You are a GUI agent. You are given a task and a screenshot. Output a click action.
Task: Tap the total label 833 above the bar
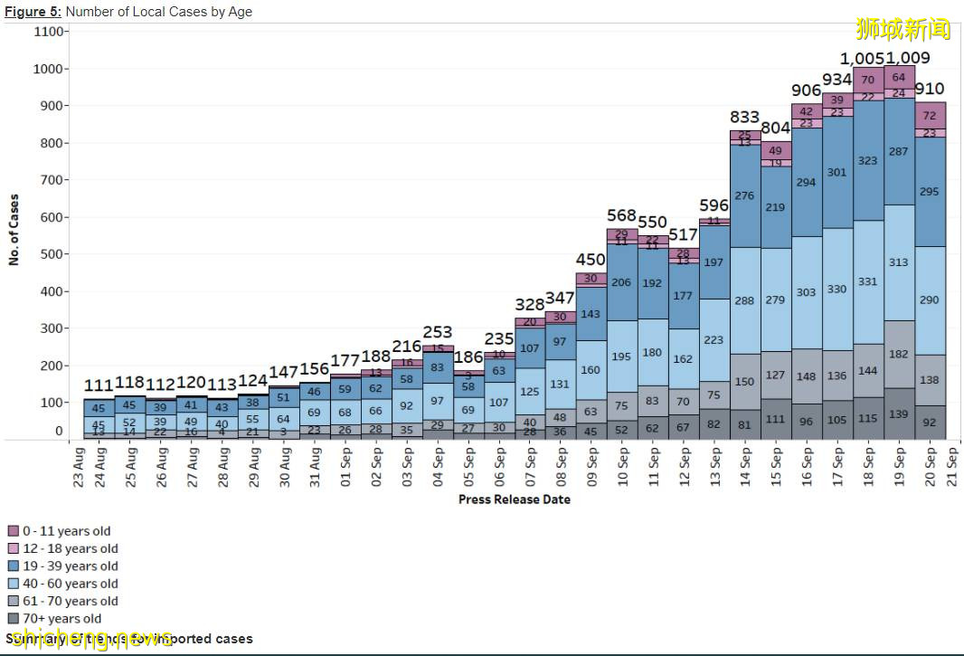[x=745, y=118]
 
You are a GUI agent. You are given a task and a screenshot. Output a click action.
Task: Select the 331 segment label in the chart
[x=868, y=281]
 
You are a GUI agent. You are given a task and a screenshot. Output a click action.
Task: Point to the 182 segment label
[x=899, y=354]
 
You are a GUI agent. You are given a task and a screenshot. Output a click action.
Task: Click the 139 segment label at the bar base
[x=899, y=414]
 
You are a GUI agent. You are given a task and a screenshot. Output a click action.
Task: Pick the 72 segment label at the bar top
[x=929, y=116]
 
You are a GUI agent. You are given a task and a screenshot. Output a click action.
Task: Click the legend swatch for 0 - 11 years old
[x=14, y=531]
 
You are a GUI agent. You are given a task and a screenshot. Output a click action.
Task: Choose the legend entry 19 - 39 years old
[x=71, y=566]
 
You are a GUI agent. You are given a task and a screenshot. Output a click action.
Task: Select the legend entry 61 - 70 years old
[x=71, y=601]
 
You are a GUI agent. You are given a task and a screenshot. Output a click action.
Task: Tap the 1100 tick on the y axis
[x=50, y=32]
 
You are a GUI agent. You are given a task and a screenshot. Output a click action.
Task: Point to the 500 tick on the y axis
[x=52, y=254]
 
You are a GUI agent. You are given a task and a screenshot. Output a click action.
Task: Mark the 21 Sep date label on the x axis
[x=952, y=468]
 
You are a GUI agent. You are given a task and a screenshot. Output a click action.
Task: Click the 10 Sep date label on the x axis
[x=622, y=468]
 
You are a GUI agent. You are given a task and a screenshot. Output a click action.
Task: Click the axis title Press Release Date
[x=514, y=499]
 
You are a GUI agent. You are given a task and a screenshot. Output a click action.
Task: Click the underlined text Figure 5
[x=33, y=12]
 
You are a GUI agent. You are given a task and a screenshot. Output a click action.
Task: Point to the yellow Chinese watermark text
[x=903, y=29]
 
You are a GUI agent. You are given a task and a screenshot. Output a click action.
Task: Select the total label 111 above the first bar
[x=100, y=386]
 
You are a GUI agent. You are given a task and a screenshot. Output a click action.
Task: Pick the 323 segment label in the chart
[x=868, y=160]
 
